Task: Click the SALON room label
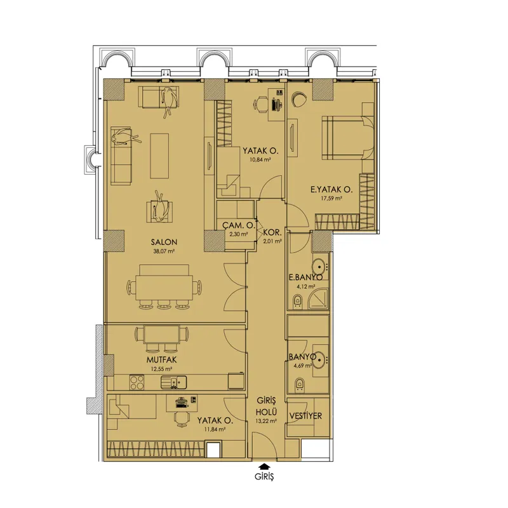pos(164,242)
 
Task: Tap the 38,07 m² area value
pos(164,251)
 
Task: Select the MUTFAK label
pos(161,359)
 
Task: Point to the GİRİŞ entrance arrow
pos(264,466)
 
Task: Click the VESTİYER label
pos(305,416)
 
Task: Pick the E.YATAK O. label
pos(331,189)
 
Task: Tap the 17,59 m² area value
pos(331,199)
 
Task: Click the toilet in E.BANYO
pos(297,300)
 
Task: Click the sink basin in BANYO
pos(319,359)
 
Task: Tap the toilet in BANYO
pos(299,384)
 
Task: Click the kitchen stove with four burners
pos(137,382)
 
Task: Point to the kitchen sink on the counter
pos(174,382)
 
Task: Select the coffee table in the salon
pos(159,156)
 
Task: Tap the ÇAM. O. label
pos(239,225)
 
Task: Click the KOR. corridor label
pos(272,232)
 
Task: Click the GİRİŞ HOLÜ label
pos(266,406)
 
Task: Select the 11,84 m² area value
pos(215,429)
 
